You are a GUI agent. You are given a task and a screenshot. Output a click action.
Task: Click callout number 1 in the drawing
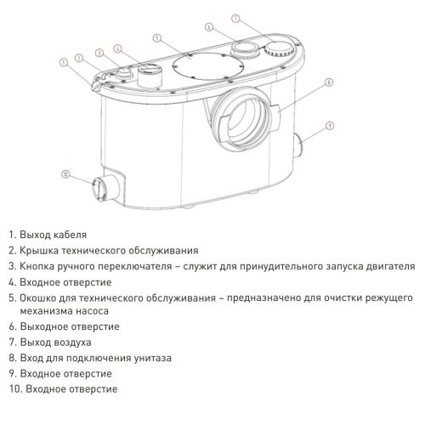point(64,61)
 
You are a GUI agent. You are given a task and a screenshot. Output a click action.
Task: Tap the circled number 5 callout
point(158,38)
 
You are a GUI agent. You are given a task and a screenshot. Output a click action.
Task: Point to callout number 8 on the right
point(327,83)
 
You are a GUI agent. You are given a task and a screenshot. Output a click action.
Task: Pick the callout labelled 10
point(65,175)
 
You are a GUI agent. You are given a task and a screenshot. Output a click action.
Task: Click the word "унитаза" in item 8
point(151,358)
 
